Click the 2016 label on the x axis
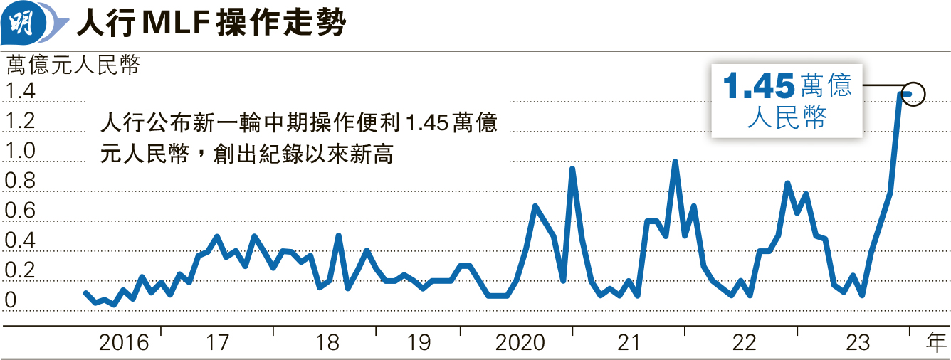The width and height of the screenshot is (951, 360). [x=124, y=344]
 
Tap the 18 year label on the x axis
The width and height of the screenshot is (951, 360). [x=327, y=344]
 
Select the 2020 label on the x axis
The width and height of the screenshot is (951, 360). [x=520, y=344]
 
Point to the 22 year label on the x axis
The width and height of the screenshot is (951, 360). [x=744, y=344]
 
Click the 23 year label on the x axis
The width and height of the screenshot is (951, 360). [x=858, y=344]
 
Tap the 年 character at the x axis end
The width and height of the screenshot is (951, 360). [x=936, y=343]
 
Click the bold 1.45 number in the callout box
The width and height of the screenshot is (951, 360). [x=759, y=88]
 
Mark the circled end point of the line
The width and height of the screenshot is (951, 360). [x=913, y=93]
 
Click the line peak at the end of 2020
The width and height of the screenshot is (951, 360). [x=572, y=169]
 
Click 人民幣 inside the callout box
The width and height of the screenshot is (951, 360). [x=787, y=118]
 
